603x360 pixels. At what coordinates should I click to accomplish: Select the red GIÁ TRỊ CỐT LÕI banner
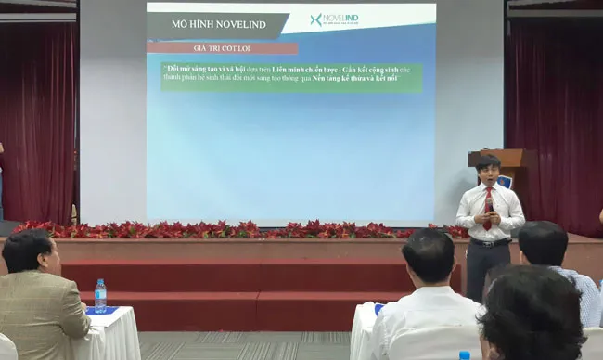[x=222, y=47]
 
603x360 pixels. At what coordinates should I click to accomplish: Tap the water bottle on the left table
[x=100, y=295]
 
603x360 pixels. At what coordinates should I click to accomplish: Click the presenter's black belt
[x=489, y=242]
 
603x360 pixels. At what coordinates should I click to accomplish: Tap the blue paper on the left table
[x=102, y=310]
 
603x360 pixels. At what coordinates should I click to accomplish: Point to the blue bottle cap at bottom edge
[x=464, y=354]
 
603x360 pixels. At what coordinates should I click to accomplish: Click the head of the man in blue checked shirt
[x=543, y=244]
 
